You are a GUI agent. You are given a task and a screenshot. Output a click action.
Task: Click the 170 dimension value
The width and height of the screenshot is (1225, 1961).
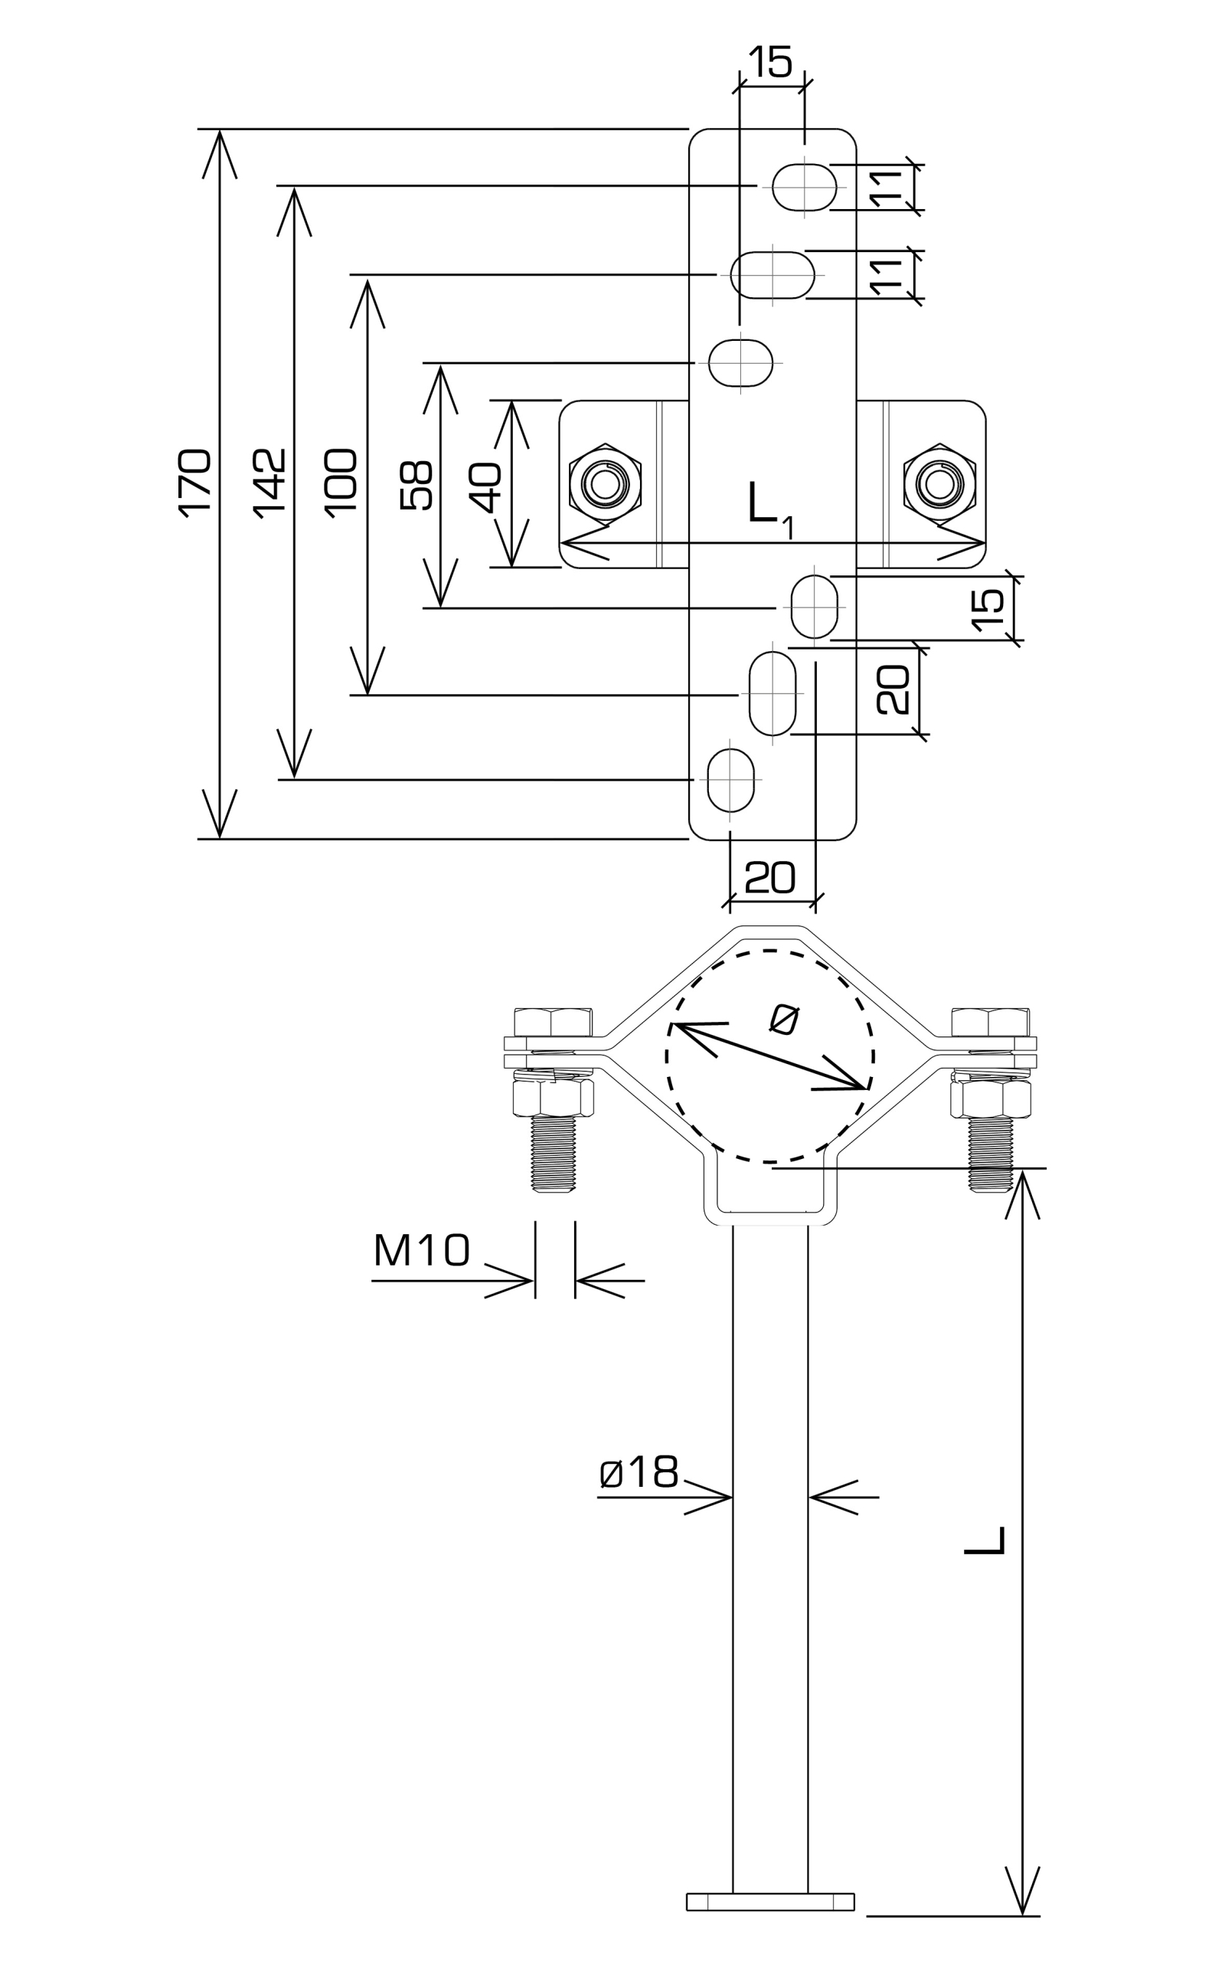click(x=195, y=482)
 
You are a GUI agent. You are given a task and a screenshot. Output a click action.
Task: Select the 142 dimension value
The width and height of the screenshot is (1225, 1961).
click(x=269, y=482)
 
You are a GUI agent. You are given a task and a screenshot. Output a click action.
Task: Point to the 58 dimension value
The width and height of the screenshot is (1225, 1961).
click(x=417, y=486)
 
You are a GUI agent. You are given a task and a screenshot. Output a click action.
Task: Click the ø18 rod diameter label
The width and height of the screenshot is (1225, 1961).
click(x=639, y=1472)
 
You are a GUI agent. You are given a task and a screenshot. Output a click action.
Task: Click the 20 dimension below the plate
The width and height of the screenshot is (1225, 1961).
click(x=769, y=877)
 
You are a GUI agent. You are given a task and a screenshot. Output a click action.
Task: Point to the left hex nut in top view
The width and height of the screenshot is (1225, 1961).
click(x=605, y=484)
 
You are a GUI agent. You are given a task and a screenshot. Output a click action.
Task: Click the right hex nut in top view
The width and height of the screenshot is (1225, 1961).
click(x=940, y=484)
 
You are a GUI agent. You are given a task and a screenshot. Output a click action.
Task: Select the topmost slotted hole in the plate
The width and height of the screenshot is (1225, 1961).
click(x=805, y=186)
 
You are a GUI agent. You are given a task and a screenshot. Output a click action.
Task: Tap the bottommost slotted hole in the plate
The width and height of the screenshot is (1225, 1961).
click(x=730, y=780)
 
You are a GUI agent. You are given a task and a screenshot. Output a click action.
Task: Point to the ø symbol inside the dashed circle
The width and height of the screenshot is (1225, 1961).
click(x=784, y=1020)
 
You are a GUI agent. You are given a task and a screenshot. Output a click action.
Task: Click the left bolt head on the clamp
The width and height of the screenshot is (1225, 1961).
click(x=553, y=1022)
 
